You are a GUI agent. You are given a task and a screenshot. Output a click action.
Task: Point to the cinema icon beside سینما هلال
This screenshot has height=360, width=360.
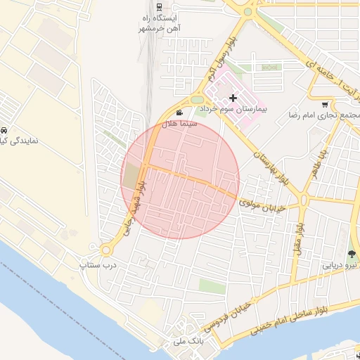click(180, 112)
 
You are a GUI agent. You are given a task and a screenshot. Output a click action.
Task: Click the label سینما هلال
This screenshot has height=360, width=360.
click(180, 124)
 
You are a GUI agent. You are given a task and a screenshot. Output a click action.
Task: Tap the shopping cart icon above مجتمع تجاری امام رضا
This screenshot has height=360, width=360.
click(324, 103)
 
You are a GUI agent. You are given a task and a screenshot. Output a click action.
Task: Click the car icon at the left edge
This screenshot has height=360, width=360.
click(4, 131)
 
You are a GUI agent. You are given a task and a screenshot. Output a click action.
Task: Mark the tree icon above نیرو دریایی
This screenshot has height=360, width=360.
click(352, 254)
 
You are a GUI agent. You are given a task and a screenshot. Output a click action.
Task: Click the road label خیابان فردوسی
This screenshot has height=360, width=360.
click(226, 319)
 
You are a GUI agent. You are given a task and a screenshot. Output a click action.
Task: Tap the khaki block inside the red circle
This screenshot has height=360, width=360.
click(131, 176)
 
